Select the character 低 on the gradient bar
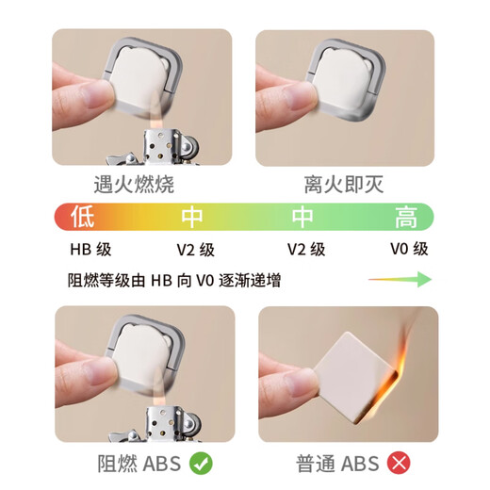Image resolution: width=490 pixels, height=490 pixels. [82, 218]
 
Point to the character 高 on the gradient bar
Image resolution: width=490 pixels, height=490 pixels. [406, 218]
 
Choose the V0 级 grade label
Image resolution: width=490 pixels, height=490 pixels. [409, 250]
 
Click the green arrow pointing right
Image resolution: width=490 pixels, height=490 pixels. [400, 280]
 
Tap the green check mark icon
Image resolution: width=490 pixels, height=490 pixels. [200, 463]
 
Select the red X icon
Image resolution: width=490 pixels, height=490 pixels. [399, 463]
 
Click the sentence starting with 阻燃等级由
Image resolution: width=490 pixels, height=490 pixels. [173, 280]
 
